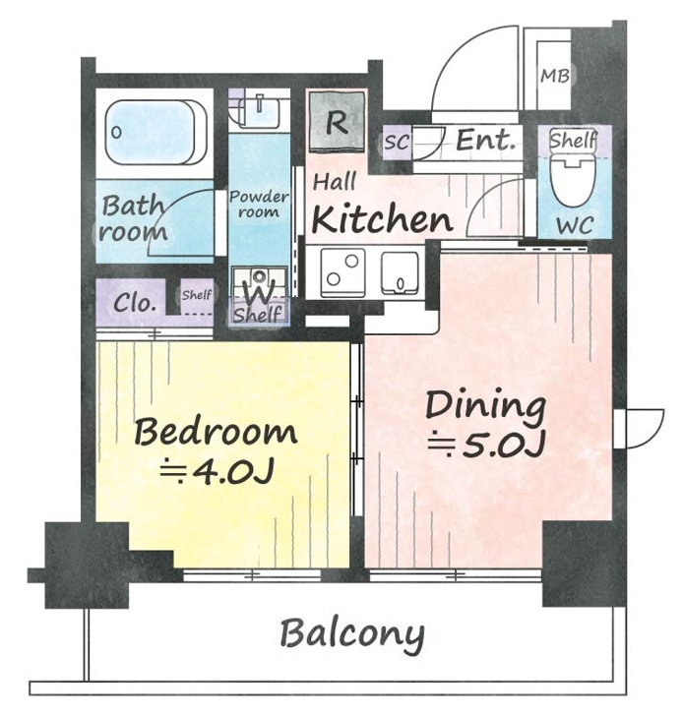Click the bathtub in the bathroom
point(156,133)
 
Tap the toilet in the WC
point(574,180)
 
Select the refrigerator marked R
point(338,121)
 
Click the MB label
point(555,76)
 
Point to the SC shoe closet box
point(397,142)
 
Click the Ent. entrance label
point(485,141)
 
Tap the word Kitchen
point(382,219)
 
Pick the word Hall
point(335,181)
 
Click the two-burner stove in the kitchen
point(343,272)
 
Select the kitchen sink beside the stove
point(400,273)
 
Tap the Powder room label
point(259,205)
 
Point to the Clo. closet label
point(133,302)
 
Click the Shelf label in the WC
point(574,141)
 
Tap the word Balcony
point(351,634)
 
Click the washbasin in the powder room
point(259,113)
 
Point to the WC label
point(575,225)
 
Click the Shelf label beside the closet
point(197,295)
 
